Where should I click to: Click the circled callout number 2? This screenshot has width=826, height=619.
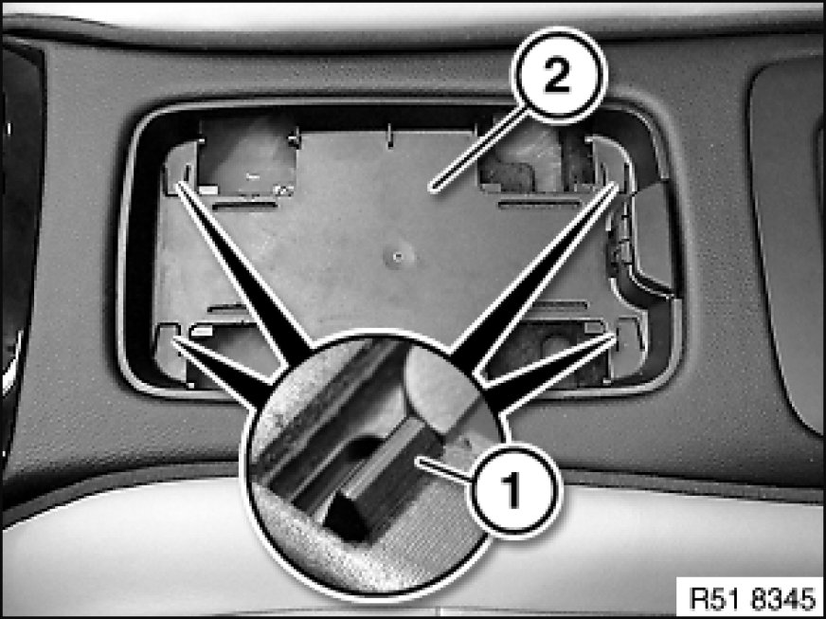[558, 76]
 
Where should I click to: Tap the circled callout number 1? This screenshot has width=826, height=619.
[514, 490]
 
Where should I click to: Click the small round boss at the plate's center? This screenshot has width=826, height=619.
[399, 257]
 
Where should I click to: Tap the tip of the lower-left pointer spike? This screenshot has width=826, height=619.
[174, 338]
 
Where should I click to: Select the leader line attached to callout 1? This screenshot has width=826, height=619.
[443, 470]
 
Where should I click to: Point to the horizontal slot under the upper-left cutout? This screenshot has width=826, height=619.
[244, 204]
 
